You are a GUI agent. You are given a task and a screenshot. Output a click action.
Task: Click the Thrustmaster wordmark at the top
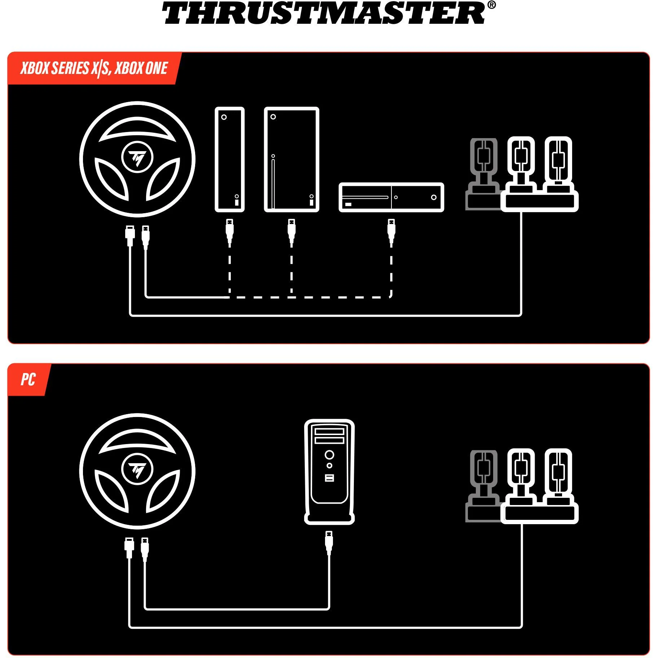point(324,13)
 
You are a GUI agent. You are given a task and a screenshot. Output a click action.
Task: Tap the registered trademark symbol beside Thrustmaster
point(491,5)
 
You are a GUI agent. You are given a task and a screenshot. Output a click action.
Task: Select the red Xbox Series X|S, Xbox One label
point(94,68)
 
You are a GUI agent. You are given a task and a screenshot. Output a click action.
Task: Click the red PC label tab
point(28,380)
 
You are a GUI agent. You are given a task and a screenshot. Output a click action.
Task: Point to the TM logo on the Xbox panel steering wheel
point(137,157)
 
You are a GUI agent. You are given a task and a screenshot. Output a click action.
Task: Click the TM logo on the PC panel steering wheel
point(137,469)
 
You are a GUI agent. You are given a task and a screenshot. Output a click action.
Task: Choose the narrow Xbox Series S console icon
point(229,159)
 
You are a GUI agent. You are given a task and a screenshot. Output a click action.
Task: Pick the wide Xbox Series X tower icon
point(291,159)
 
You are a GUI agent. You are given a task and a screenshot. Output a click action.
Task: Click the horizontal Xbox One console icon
point(391,197)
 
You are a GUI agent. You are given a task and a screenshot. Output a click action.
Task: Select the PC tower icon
point(329,471)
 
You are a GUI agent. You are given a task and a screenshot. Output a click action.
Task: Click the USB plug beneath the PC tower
point(329,544)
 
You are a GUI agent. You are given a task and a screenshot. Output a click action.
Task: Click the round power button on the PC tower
point(329,455)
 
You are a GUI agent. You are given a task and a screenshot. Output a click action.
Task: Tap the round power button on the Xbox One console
point(434,197)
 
